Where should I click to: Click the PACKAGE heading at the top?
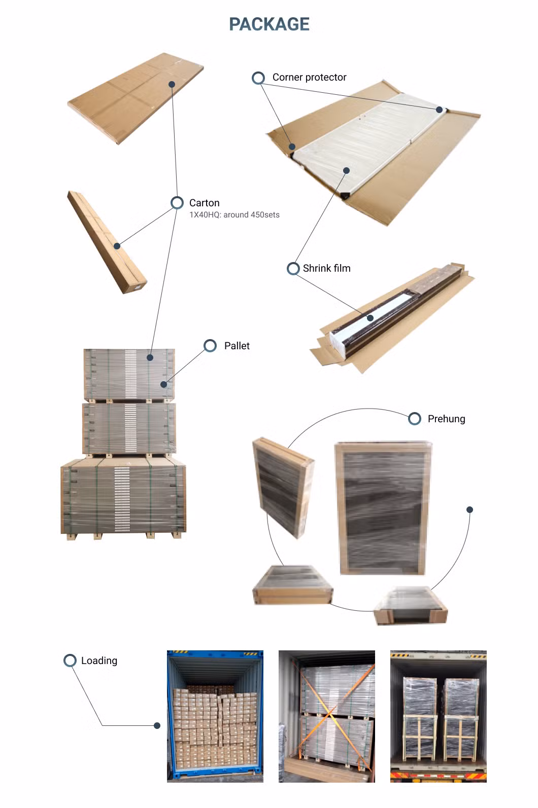pos(269,24)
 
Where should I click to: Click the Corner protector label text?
pos(310,77)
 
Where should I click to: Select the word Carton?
pos(205,203)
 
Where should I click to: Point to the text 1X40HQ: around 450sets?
pos(234,214)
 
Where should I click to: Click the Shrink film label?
pos(327,268)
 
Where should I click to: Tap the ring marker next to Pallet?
pos(210,346)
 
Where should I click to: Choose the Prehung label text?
pos(446,419)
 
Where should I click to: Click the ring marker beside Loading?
pos(70,660)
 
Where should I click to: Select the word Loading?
pos(99,660)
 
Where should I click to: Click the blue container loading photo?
pos(215,716)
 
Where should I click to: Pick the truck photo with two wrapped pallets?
pos(439,716)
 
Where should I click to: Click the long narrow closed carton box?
pos(107,242)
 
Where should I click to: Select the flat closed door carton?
pos(136,98)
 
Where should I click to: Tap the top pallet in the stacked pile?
pos(129,375)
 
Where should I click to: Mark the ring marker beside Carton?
pos(177,203)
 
